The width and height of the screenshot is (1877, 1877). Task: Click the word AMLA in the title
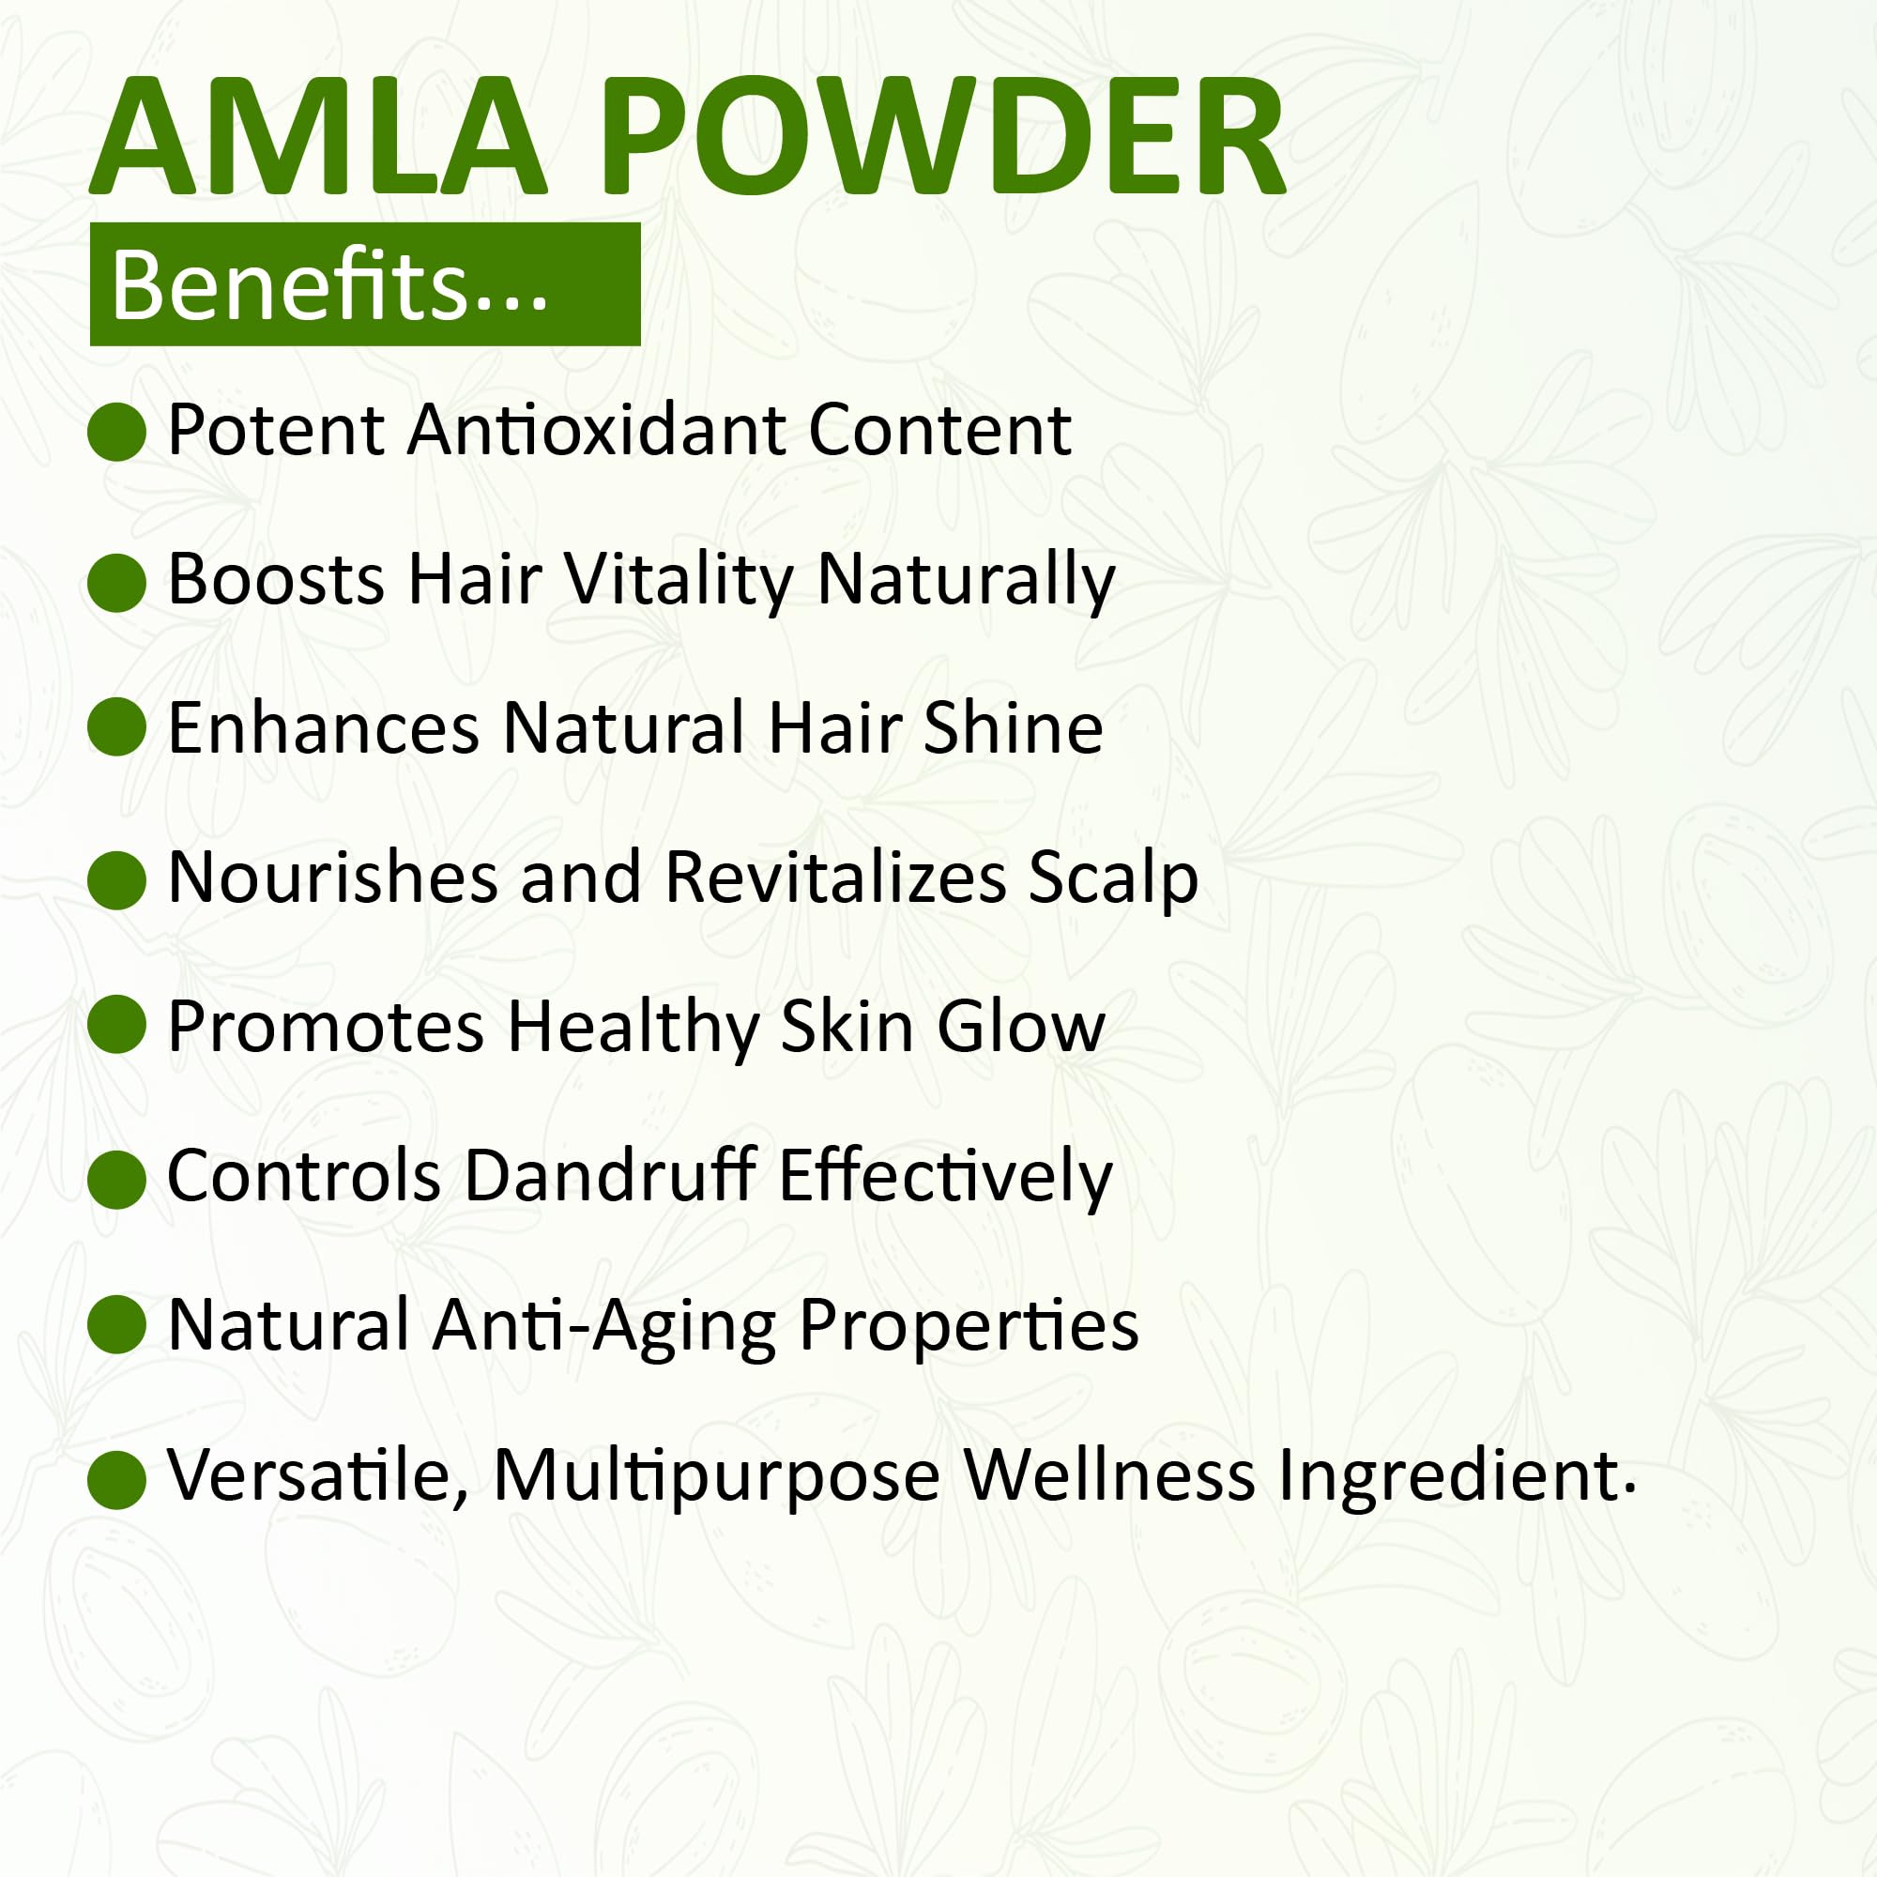(318, 137)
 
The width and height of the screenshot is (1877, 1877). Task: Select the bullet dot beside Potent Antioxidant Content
(116, 432)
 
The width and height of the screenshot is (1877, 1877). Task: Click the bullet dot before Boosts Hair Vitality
(116, 583)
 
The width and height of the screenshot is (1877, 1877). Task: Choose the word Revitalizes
(835, 877)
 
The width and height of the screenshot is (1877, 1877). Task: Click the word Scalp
(1113, 880)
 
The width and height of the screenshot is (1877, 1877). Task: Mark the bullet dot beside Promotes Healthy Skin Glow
(116, 1025)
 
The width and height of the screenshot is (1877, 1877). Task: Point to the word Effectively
(945, 1178)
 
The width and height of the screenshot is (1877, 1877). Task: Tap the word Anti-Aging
(604, 1326)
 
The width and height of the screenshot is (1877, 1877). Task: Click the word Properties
(969, 1326)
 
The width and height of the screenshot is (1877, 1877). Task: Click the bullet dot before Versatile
(116, 1480)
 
